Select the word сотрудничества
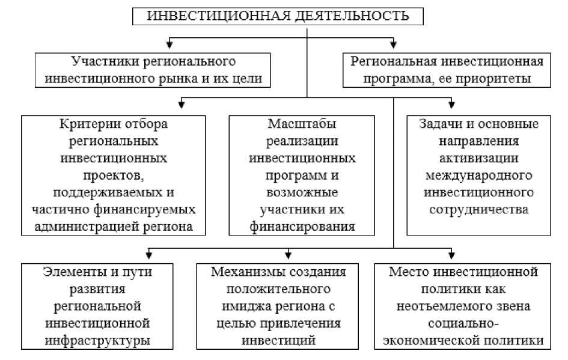(478, 210)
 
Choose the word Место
(405, 271)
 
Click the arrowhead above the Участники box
(169, 44)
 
